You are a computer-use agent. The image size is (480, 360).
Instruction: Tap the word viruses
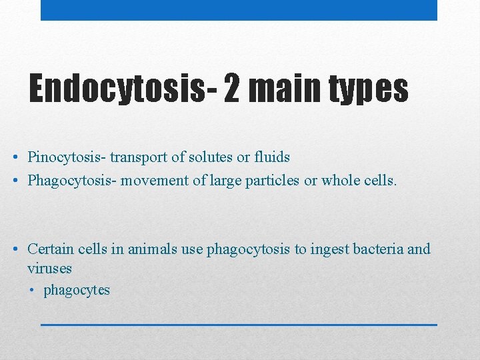coord(49,269)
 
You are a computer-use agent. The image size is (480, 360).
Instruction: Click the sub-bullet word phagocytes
coord(77,291)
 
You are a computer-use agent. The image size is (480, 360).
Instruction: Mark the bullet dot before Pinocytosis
coord(15,158)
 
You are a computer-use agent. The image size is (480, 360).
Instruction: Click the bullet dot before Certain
coord(15,250)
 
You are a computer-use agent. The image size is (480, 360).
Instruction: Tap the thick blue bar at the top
coord(239,10)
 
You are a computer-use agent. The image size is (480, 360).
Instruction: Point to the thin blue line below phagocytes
coord(239,324)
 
